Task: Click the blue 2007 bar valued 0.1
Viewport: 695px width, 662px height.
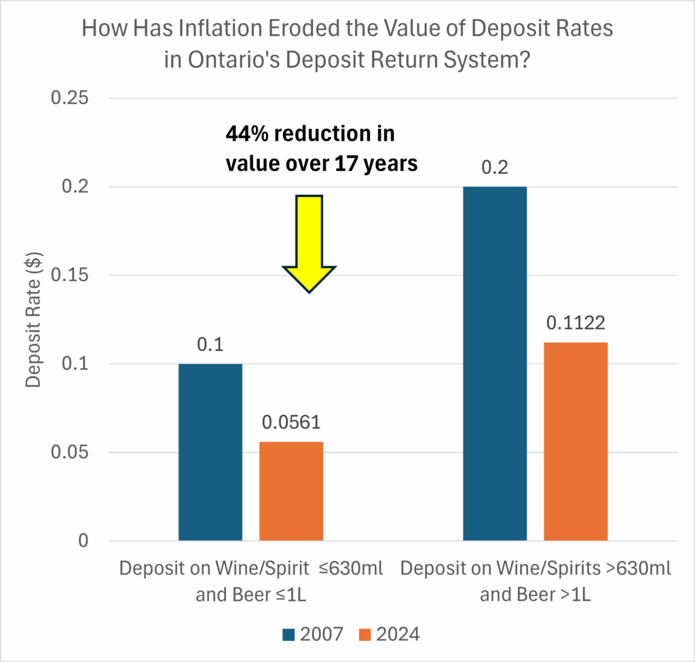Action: [x=210, y=452]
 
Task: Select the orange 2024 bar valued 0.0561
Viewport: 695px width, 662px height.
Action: [x=291, y=491]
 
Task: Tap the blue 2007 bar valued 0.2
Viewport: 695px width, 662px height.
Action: [x=495, y=363]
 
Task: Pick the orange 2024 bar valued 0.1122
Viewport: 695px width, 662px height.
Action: [x=576, y=441]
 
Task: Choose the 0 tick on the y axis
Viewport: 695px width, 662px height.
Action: [x=83, y=541]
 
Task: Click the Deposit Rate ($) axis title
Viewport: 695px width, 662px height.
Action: [x=33, y=319]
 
